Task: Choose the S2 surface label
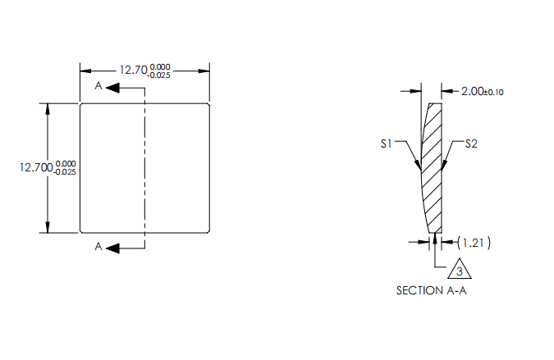coord(471,144)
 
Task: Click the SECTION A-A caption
coord(431,290)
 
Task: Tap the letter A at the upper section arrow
coord(98,86)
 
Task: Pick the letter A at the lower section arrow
coord(98,247)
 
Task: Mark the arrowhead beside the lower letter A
coord(113,247)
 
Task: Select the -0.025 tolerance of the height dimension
coord(65,171)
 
